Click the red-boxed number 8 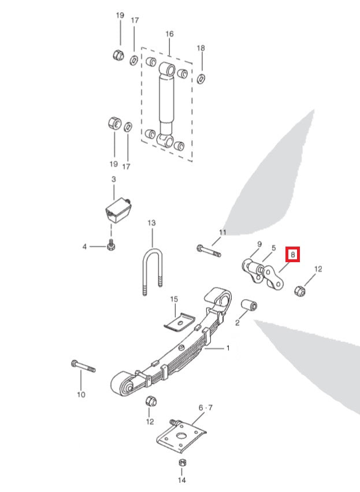293,254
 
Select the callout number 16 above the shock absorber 169,34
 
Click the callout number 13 152,222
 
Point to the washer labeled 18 201,77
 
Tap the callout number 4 84,247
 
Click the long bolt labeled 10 83,366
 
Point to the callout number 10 81,394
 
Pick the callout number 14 181,480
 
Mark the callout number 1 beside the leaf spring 228,348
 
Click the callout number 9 259,244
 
